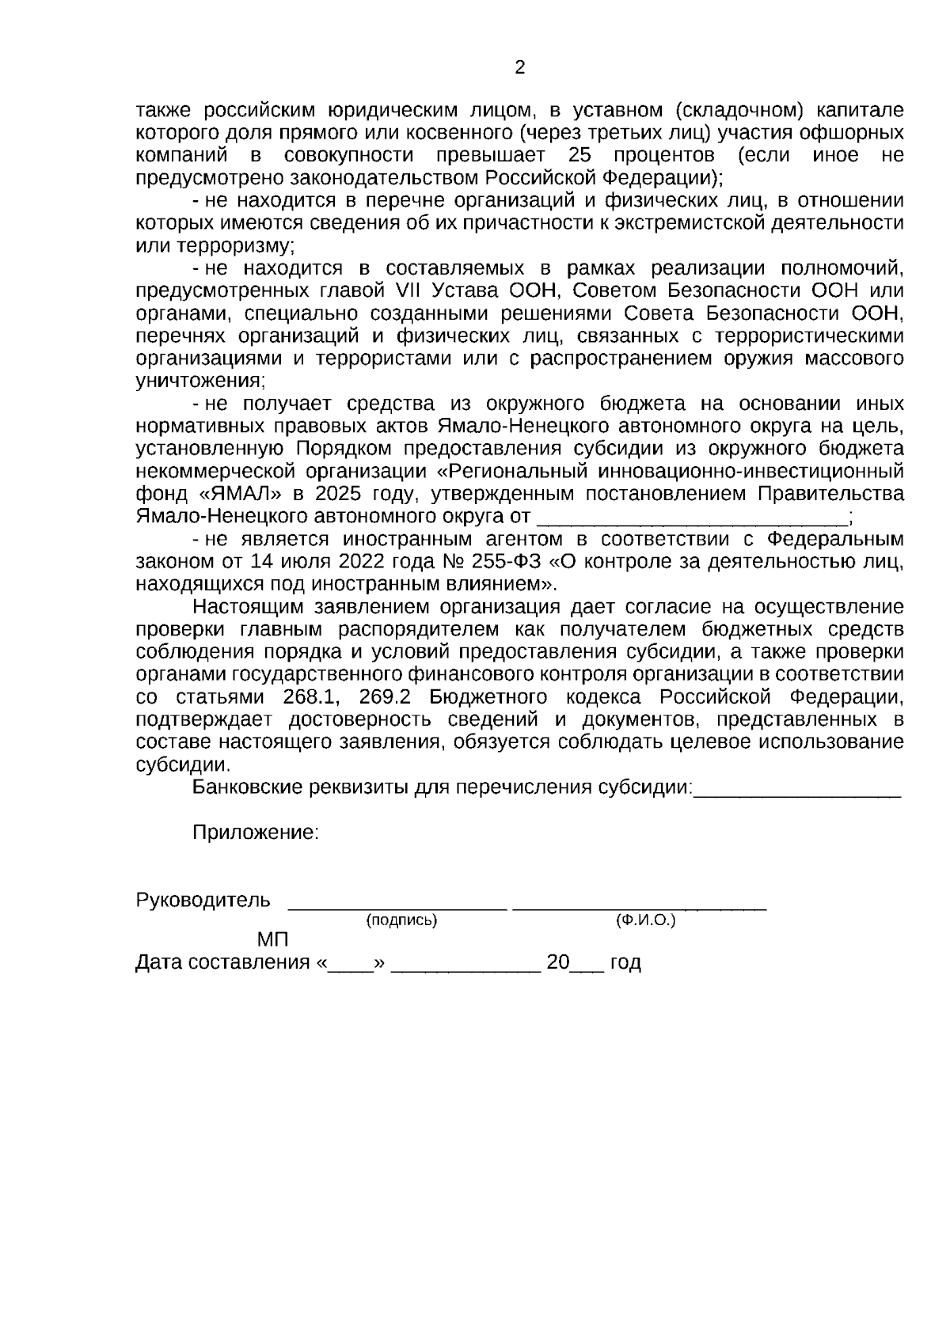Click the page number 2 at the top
click(x=519, y=68)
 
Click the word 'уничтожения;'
click(x=200, y=381)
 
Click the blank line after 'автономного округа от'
click(x=691, y=518)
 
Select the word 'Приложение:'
click(x=256, y=833)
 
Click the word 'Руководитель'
click(x=203, y=901)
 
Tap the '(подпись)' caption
click(x=401, y=921)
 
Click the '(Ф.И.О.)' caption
click(x=646, y=921)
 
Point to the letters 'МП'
click(x=273, y=940)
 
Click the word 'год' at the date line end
click(x=625, y=963)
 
